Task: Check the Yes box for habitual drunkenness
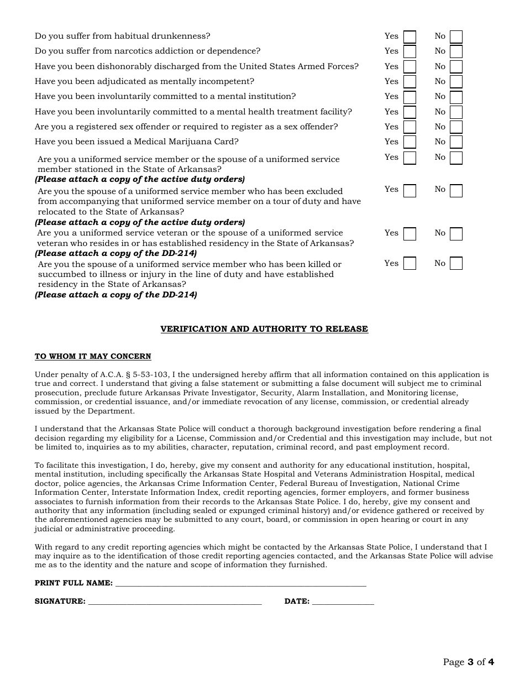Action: (x=410, y=37)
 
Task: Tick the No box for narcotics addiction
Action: (x=456, y=52)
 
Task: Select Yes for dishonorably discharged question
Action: (x=410, y=67)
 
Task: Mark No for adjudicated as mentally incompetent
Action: (x=456, y=82)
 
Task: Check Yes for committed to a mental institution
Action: (x=410, y=97)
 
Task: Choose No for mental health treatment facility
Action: (x=456, y=112)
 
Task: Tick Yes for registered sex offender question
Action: (x=410, y=127)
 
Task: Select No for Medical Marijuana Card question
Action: (x=456, y=143)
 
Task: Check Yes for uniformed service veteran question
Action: (x=410, y=234)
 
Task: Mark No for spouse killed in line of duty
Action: (x=456, y=264)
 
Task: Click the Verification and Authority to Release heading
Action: (x=264, y=329)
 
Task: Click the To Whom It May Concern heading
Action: (x=93, y=357)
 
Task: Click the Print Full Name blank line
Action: (x=240, y=584)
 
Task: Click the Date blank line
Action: (x=343, y=602)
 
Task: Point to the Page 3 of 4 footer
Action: (x=468, y=662)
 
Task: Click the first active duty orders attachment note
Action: (x=140, y=179)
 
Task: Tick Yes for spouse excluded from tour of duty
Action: (x=410, y=191)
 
